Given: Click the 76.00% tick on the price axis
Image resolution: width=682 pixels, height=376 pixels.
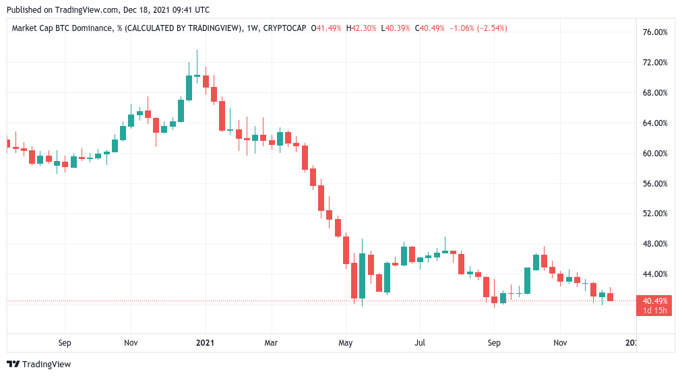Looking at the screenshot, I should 656,32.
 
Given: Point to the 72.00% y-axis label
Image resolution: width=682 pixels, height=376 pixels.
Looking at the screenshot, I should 656,63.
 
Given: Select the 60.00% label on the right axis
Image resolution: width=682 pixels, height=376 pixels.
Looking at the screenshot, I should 656,153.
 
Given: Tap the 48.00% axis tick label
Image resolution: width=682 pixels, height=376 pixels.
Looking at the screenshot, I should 656,244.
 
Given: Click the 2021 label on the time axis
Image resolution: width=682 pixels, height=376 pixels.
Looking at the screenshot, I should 205,343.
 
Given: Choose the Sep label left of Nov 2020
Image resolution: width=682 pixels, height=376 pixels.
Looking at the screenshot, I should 65,343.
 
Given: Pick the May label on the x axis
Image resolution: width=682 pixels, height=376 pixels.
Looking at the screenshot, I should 346,343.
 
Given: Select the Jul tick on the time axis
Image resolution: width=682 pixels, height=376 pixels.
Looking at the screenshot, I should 420,343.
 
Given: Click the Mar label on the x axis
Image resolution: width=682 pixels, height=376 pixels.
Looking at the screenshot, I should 272,343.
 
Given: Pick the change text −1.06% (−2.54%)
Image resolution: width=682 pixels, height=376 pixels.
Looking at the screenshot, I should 476,28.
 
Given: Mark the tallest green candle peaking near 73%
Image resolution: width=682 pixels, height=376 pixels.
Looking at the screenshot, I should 189,88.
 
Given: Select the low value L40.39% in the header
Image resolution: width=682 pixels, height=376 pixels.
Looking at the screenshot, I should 396,28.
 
